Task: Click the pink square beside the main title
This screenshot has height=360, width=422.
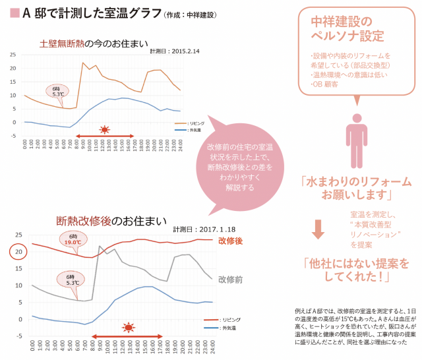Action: pos(8,13)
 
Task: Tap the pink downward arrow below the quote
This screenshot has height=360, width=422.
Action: pos(318,228)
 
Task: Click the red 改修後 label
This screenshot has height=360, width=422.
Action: pos(230,241)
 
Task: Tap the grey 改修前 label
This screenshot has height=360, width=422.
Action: pos(230,280)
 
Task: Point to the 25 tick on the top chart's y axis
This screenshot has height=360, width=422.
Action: pos(13,54)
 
